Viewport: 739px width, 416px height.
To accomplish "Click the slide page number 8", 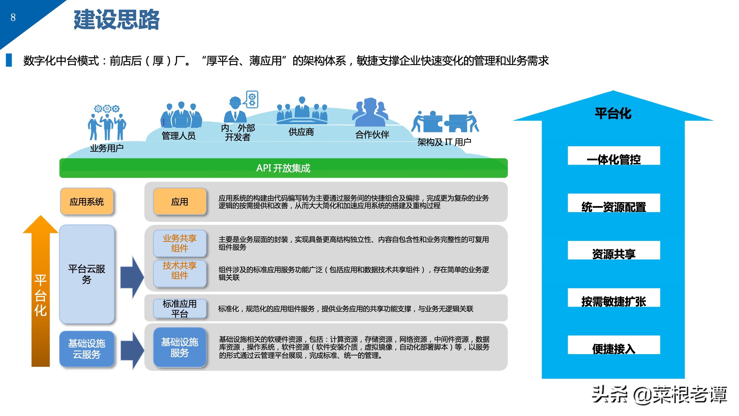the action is [x=13, y=17].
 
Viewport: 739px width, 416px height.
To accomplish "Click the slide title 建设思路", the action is [x=116, y=19].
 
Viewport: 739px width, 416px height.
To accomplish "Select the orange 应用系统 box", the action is [x=87, y=202].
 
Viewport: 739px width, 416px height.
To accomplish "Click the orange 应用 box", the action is [x=180, y=202].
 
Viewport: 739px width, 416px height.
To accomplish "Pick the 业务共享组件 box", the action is [x=180, y=243].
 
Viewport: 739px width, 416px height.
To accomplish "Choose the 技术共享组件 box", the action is [x=180, y=271].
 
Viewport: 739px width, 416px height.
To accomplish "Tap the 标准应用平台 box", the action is [x=180, y=309].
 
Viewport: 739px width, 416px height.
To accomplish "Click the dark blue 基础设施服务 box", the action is [x=180, y=347].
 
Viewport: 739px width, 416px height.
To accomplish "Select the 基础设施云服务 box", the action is [x=87, y=349].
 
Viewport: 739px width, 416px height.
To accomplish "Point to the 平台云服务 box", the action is [x=87, y=274].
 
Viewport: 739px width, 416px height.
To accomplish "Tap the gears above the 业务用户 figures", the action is [x=107, y=108].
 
